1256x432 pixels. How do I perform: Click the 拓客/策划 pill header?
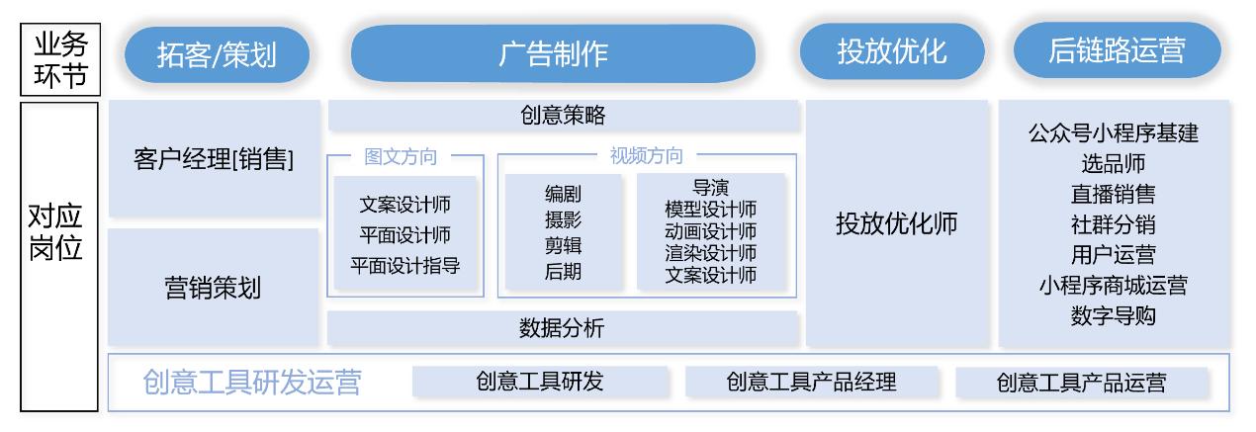pos(217,54)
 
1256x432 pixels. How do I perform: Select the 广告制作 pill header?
pos(553,53)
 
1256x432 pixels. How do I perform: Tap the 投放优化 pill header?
pos(891,51)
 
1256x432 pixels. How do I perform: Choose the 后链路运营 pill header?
pos(1117,49)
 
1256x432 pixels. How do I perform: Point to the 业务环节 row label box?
pos(60,59)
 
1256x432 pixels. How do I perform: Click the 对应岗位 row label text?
pos(55,232)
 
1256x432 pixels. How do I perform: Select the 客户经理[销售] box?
pos(215,158)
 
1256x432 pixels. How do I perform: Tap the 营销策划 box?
pos(213,288)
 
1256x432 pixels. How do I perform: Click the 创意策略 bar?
pos(563,116)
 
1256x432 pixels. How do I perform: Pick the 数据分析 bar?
pos(562,328)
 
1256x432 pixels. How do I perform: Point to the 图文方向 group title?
pos(401,156)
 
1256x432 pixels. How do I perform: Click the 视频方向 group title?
pos(646,155)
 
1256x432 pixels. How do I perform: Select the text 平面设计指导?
pos(404,265)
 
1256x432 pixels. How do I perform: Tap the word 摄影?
pos(563,219)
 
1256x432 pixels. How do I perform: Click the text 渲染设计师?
pos(710,253)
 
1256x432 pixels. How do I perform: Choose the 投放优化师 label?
pos(897,223)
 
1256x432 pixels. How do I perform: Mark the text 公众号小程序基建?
pos(1113,133)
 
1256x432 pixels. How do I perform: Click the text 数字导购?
pos(1113,316)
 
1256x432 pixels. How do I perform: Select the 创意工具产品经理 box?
pos(811,383)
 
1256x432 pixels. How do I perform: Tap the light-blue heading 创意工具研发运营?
pos(252,383)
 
